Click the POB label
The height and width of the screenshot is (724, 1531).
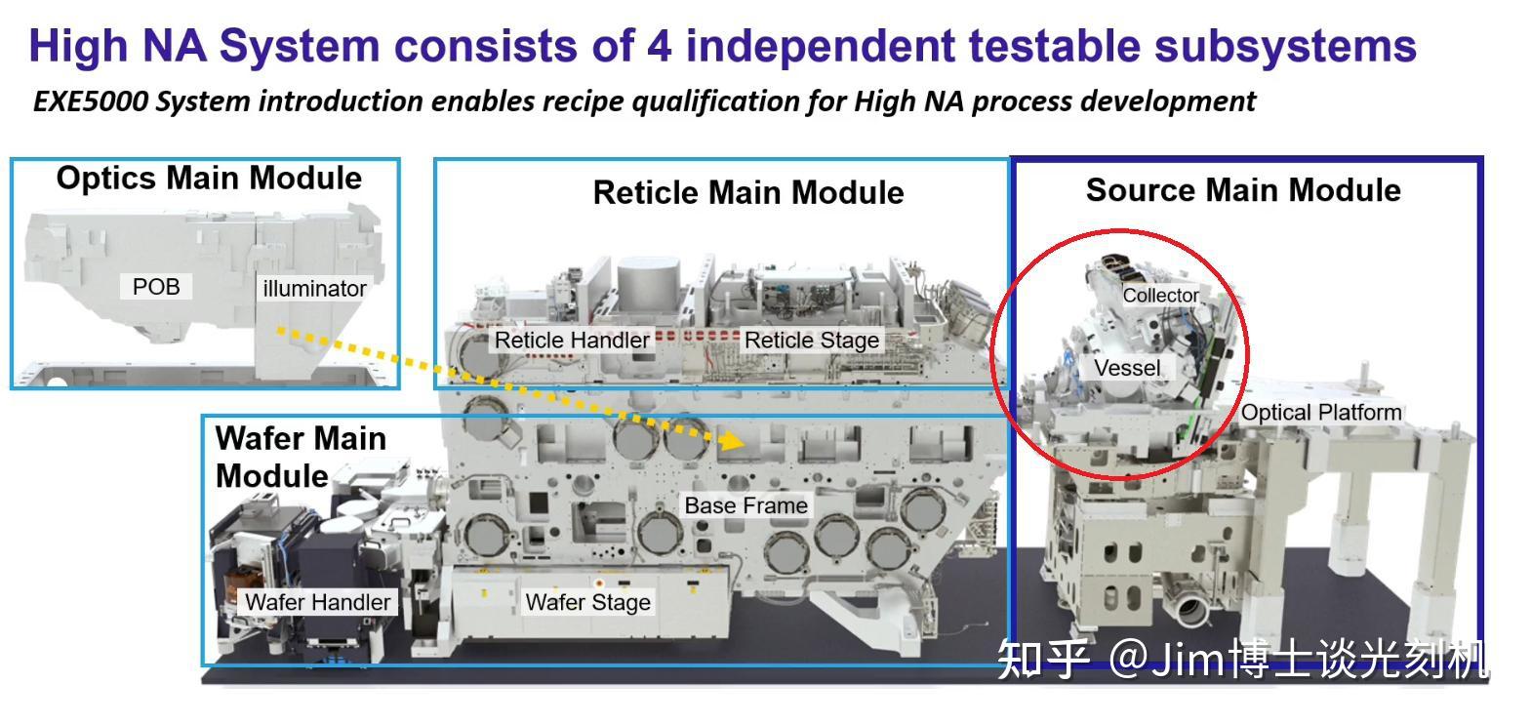(156, 287)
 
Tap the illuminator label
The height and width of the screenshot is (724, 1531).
(314, 289)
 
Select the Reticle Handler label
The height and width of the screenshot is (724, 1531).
(572, 340)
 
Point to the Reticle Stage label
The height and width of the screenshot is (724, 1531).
(811, 340)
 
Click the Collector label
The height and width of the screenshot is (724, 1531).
(1160, 296)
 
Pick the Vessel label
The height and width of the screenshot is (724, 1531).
(1127, 368)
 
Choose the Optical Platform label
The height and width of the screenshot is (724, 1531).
(1321, 412)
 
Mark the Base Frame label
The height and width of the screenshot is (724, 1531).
(745, 505)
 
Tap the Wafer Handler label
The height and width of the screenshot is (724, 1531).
(318, 602)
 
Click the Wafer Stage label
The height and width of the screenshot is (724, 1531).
(587, 602)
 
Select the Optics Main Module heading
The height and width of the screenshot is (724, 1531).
(209, 178)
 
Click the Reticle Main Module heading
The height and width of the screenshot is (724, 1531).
(748, 192)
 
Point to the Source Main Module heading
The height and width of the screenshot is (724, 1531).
(1243, 189)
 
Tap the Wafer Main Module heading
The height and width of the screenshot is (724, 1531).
(301, 457)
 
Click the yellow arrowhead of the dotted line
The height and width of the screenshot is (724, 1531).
(732, 440)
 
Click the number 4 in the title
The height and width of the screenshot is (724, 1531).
(659, 47)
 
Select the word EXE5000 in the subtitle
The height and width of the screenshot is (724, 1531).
(90, 101)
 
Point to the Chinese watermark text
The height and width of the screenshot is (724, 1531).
(1242, 659)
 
